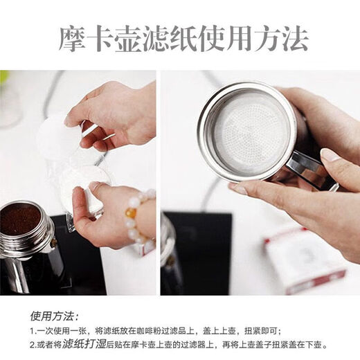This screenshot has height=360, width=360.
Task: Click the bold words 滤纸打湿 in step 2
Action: coord(84,344)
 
